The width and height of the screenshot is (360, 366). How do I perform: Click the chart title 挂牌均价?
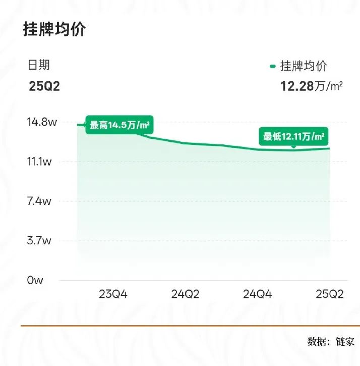[54, 29]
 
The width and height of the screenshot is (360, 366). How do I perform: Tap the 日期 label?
[39, 65]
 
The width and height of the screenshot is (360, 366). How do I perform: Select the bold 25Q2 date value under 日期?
[44, 86]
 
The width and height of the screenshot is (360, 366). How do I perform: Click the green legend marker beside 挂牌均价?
[273, 66]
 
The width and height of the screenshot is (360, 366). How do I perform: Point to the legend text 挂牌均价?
[303, 66]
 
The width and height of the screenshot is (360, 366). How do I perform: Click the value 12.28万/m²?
[312, 86]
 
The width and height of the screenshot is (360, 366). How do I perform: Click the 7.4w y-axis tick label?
[40, 201]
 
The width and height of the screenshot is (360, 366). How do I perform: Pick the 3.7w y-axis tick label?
[40, 240]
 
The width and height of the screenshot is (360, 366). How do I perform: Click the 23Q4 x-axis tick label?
[113, 294]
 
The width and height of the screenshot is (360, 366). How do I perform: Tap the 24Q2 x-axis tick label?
[186, 294]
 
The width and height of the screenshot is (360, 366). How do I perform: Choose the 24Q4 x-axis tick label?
[257, 294]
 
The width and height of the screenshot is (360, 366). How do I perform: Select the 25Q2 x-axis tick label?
[329, 294]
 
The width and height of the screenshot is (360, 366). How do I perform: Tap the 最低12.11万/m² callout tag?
[293, 136]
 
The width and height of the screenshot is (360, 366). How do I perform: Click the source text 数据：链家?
[331, 341]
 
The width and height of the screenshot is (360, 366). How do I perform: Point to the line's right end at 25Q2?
[329, 148]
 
